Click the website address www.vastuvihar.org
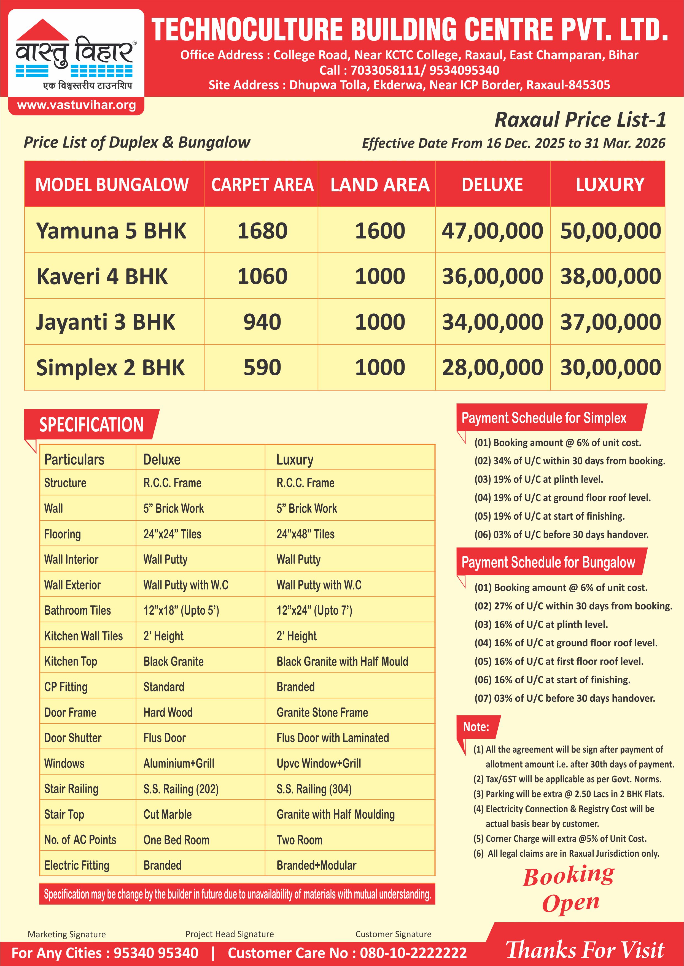76,105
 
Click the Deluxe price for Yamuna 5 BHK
492,231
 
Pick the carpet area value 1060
262,276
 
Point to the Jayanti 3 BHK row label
105,322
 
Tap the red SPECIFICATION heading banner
91,425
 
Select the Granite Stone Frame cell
322,712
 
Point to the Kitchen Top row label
71,661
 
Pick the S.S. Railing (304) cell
314,789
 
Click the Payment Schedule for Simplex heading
544,418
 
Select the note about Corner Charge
560,839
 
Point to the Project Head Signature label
230,934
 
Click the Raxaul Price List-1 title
580,120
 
